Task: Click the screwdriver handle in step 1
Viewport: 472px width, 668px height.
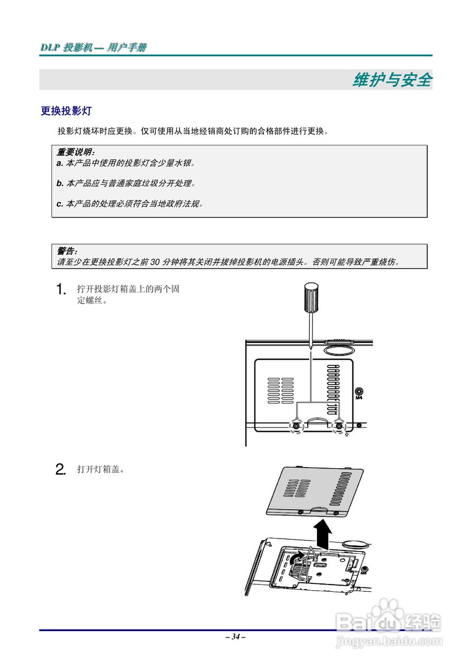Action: tap(310, 297)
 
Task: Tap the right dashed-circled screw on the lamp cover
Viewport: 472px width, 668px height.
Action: tap(339, 426)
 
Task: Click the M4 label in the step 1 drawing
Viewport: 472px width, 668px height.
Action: tap(358, 398)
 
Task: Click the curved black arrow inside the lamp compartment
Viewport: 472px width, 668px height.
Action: tap(296, 560)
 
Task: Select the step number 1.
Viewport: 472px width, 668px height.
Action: tap(61, 290)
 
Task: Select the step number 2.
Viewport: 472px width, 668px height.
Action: tap(61, 470)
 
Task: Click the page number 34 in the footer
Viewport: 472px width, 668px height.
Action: tap(236, 637)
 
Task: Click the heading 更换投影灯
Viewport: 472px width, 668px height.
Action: tap(66, 111)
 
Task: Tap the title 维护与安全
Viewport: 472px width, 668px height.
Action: tap(392, 80)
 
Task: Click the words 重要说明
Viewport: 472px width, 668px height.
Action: tap(75, 152)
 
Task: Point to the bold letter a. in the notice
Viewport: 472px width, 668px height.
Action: tap(59, 163)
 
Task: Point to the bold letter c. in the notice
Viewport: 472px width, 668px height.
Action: tap(59, 204)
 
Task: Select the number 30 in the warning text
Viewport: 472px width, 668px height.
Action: tap(154, 262)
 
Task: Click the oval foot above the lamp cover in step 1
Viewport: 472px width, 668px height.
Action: tap(339, 348)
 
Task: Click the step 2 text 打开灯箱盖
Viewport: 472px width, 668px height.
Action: tap(100, 470)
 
